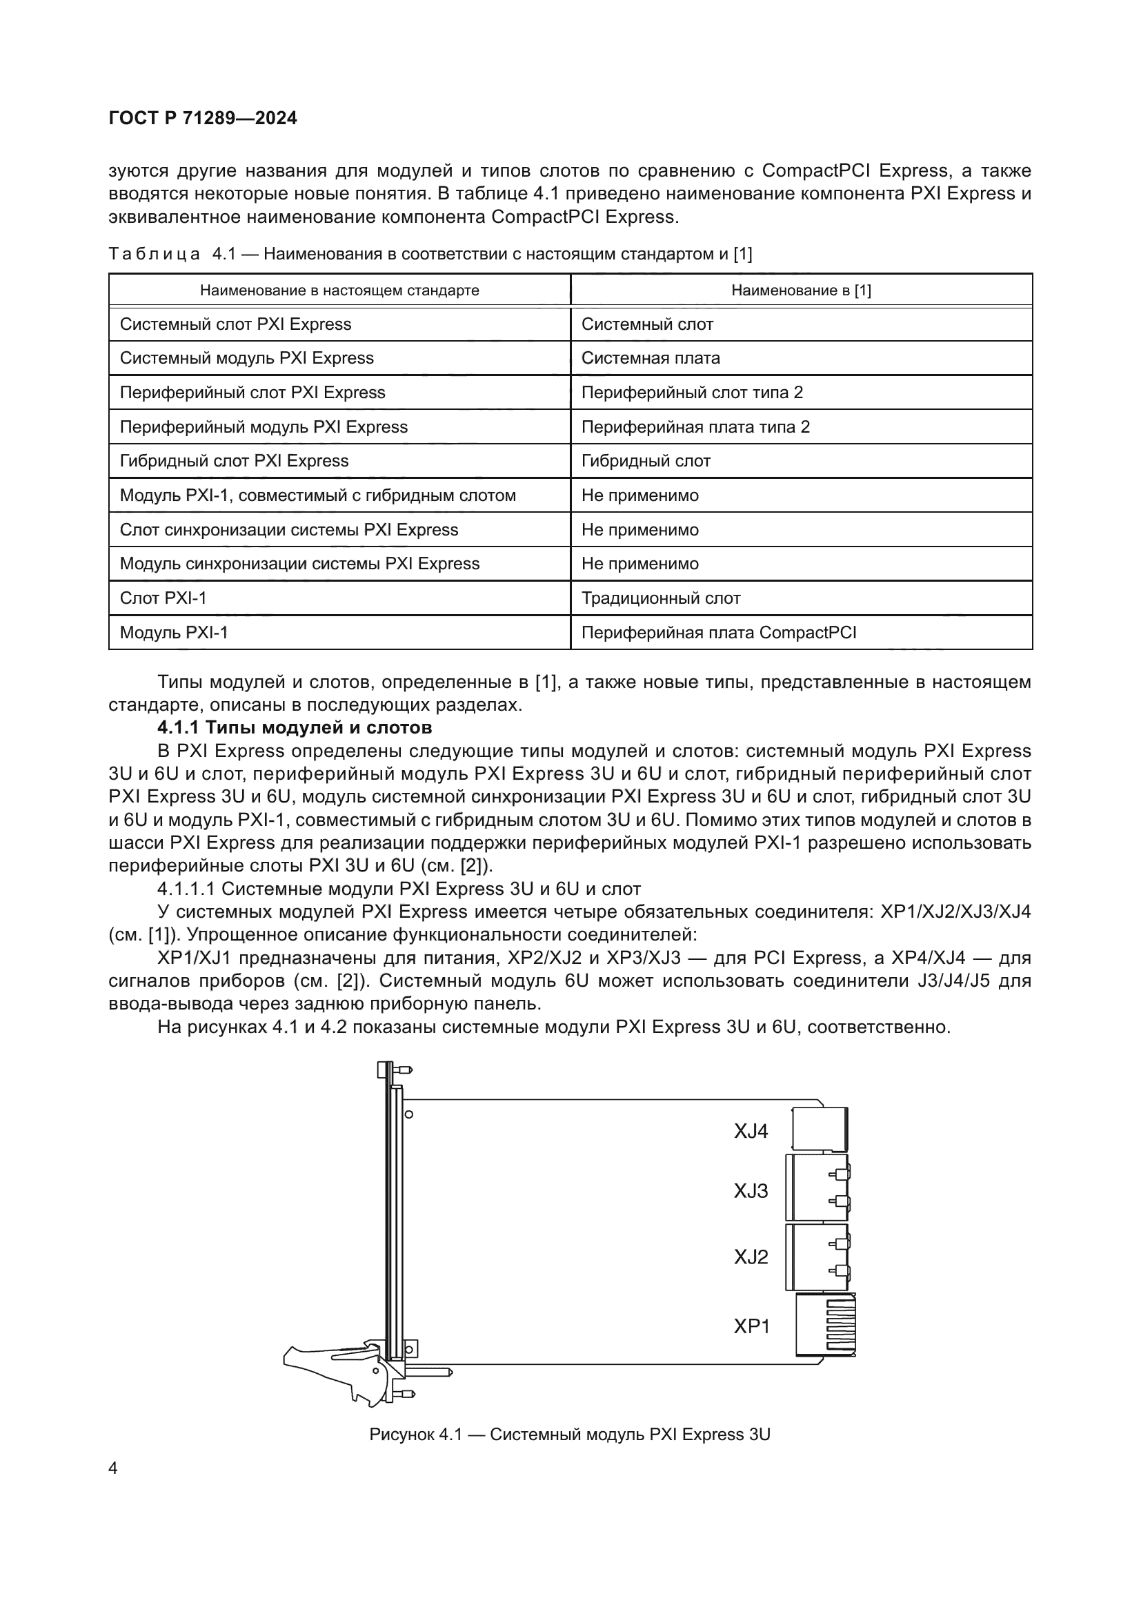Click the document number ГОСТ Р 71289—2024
tap(203, 118)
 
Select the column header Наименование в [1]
tap(801, 291)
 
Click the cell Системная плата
tap(651, 358)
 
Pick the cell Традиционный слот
tap(660, 598)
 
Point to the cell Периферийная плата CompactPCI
tap(719, 633)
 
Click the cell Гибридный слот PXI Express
tap(234, 461)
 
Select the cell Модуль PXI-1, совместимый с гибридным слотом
tap(317, 495)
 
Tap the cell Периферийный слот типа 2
tap(692, 392)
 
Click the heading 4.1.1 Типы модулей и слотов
tap(295, 727)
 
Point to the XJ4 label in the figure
tap(751, 1131)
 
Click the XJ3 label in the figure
tap(751, 1191)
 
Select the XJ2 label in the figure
tap(751, 1257)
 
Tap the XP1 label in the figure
tap(752, 1326)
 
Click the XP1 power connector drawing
tap(826, 1326)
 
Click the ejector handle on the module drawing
tap(330, 1367)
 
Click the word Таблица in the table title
tap(155, 254)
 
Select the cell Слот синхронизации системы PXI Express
tap(289, 530)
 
